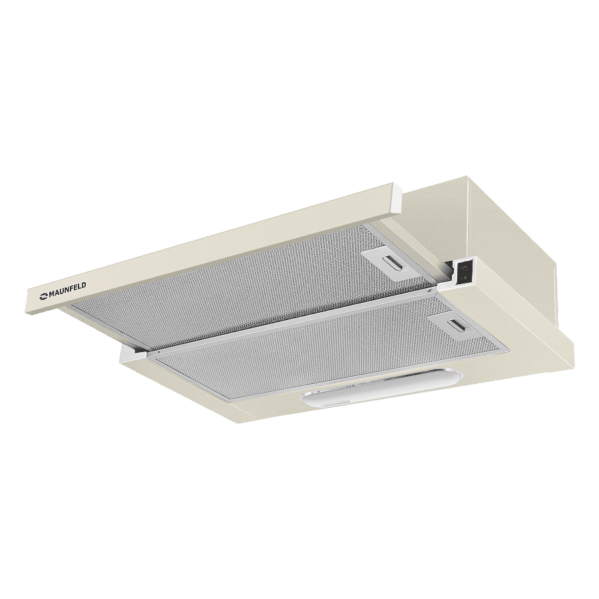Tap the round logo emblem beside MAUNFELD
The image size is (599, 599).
(43, 294)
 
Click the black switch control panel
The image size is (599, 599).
(463, 273)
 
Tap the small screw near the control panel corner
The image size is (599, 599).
(431, 291)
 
